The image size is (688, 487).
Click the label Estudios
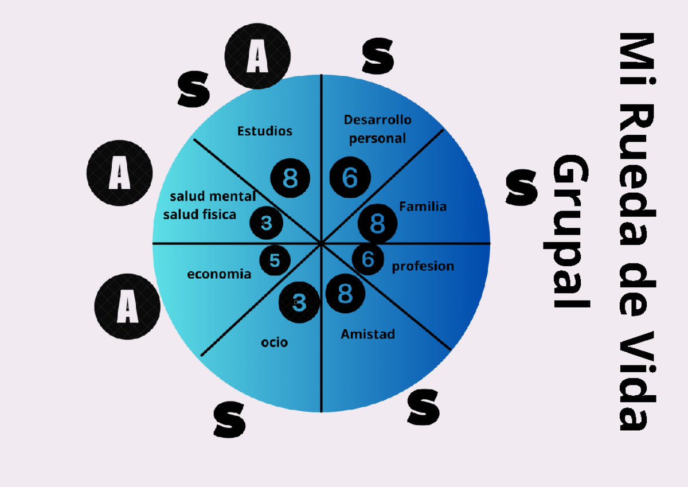[264, 131]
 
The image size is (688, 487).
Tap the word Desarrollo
[377, 120]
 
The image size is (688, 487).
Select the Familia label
[423, 207]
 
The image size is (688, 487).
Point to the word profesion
[423, 266]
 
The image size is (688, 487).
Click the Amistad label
[368, 334]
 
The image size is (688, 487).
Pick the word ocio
[274, 342]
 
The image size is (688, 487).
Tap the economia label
[219, 274]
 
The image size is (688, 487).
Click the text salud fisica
[200, 215]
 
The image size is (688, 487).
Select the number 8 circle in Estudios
[290, 178]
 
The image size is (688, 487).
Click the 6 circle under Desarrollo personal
[350, 177]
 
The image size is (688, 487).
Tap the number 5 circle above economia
[275, 260]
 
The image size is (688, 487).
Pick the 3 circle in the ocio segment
[299, 302]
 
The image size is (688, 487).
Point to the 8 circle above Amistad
[345, 294]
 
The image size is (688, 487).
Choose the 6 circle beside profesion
[368, 259]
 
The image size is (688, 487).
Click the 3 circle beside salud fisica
[266, 223]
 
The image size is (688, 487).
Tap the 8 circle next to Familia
[377, 223]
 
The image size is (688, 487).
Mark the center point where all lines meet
[321, 243]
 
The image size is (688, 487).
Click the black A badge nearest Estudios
[257, 56]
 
